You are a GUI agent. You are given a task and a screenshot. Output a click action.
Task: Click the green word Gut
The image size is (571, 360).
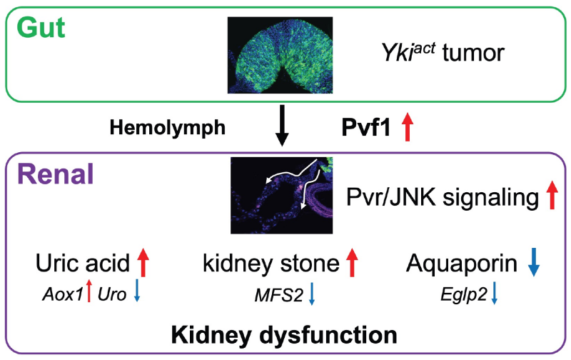pyautogui.click(x=41, y=28)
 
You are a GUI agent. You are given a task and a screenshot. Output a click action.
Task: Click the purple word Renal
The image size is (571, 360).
pyautogui.click(x=56, y=174)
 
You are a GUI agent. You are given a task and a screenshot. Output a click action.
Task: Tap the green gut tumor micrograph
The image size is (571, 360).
pyautogui.click(x=280, y=55)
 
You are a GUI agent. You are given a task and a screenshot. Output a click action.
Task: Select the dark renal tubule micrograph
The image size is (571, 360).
pyautogui.click(x=281, y=196)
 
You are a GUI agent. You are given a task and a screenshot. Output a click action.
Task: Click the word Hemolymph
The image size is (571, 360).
pyautogui.click(x=168, y=128)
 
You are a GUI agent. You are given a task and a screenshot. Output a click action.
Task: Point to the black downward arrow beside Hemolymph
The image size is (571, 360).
pyautogui.click(x=282, y=126)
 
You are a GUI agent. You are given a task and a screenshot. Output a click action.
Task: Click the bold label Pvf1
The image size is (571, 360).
pyautogui.click(x=366, y=128)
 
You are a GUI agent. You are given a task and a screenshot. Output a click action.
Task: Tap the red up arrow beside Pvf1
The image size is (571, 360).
pyautogui.click(x=408, y=126)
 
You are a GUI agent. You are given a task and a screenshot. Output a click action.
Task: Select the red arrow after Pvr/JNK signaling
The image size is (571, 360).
pyautogui.click(x=552, y=194)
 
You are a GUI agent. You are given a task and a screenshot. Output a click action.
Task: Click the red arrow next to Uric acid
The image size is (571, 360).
pyautogui.click(x=143, y=262)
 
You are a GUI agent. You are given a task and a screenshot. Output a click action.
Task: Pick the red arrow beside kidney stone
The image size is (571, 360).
pyautogui.click(x=352, y=262)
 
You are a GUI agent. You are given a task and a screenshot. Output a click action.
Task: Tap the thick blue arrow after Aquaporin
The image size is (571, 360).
pyautogui.click(x=534, y=262)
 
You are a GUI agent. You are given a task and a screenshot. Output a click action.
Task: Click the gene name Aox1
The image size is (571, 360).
pyautogui.click(x=63, y=294)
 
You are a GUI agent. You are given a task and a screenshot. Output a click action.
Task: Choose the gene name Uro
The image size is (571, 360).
pyautogui.click(x=112, y=294)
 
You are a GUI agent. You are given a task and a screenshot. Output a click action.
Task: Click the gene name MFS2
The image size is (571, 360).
pyautogui.click(x=279, y=295)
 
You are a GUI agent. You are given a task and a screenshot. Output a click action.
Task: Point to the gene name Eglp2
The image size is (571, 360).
pyautogui.click(x=463, y=294)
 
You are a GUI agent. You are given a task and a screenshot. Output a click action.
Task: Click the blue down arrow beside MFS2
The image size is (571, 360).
pyautogui.click(x=311, y=294)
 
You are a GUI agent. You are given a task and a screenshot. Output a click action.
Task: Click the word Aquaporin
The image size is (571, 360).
pyautogui.click(x=462, y=264)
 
